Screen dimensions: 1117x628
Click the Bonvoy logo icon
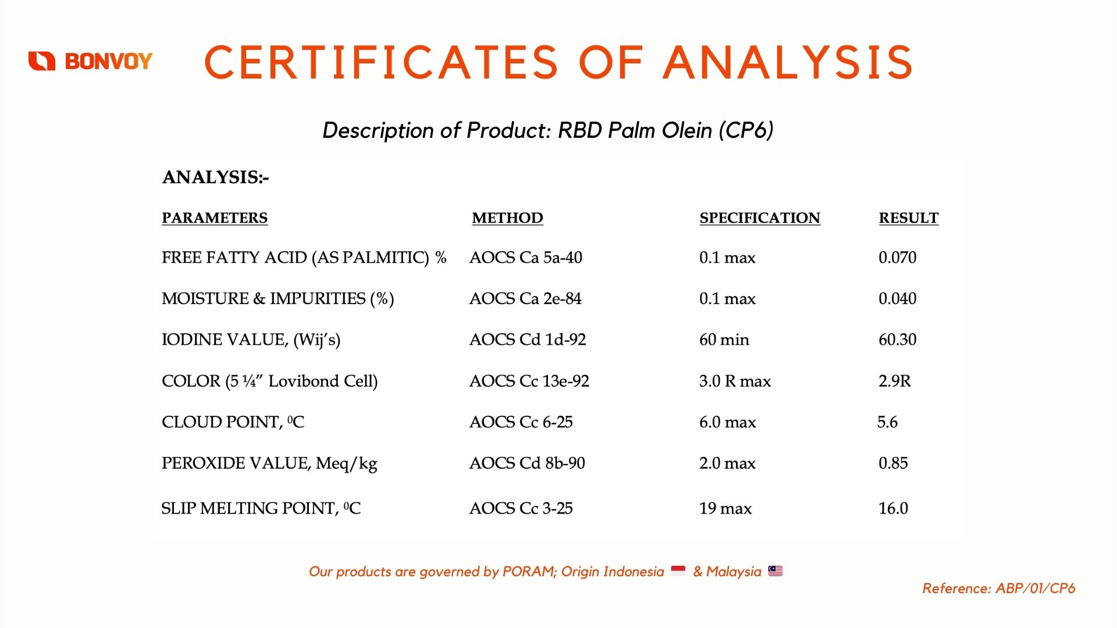coord(42,60)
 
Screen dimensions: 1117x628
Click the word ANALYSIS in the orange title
coord(788,62)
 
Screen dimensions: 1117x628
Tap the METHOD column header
coord(507,218)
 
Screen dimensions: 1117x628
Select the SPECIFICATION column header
coord(760,218)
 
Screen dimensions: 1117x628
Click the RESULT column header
coord(908,218)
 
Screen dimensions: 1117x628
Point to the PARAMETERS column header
coord(215,218)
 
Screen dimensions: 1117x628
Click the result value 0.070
coord(897,258)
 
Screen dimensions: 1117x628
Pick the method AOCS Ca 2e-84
coord(525,299)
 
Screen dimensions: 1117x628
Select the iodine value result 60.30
coord(897,340)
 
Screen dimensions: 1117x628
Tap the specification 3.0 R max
coord(735,381)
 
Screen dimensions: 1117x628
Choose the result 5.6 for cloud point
coord(887,422)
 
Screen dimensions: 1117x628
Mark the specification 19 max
coord(725,509)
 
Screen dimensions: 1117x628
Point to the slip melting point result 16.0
coord(893,509)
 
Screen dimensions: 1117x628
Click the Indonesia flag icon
coord(678,571)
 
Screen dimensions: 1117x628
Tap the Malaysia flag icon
coord(776,571)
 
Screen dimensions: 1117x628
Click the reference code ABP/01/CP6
coord(1036,588)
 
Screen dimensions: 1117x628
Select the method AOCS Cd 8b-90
coord(527,463)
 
